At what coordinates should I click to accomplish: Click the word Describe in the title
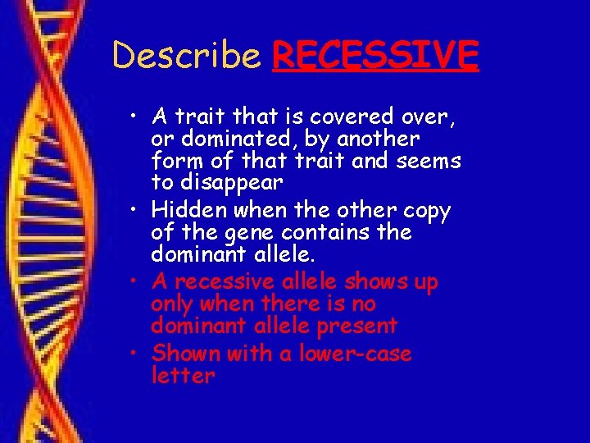pos(186,56)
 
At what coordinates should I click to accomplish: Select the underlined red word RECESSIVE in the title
pos(375,56)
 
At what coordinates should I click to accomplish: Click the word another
pos(376,139)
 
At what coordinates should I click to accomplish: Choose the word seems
pos(427,161)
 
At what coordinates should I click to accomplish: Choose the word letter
pos(184,376)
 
